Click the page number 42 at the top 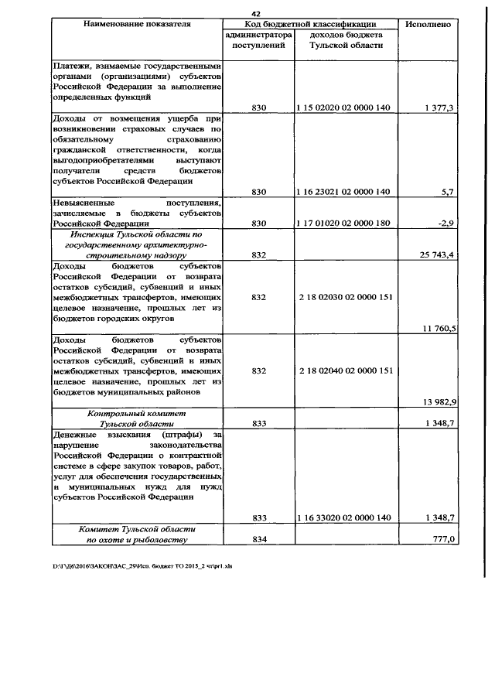(x=257, y=13)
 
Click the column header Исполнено (x=428, y=25)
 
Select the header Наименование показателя (x=136, y=25)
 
